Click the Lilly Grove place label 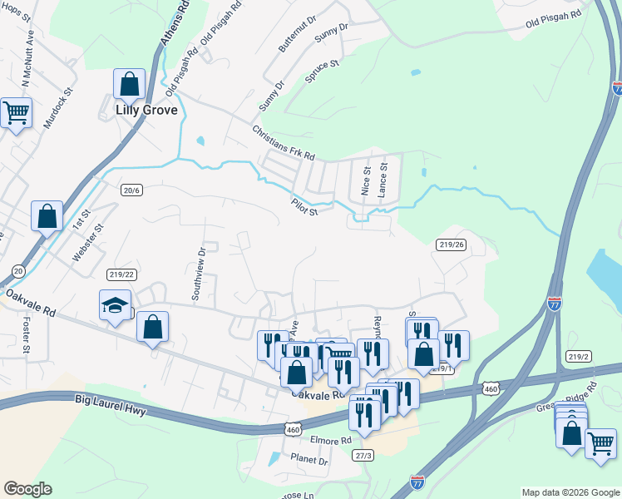click(x=147, y=108)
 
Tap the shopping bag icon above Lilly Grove click(x=130, y=83)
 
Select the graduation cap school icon click(x=115, y=304)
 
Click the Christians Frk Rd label click(x=284, y=143)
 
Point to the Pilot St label click(x=305, y=206)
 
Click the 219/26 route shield click(x=450, y=245)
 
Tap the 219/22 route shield click(x=121, y=274)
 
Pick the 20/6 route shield click(x=132, y=190)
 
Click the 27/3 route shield click(x=363, y=455)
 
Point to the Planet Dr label click(x=309, y=459)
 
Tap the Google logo click(x=27, y=489)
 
